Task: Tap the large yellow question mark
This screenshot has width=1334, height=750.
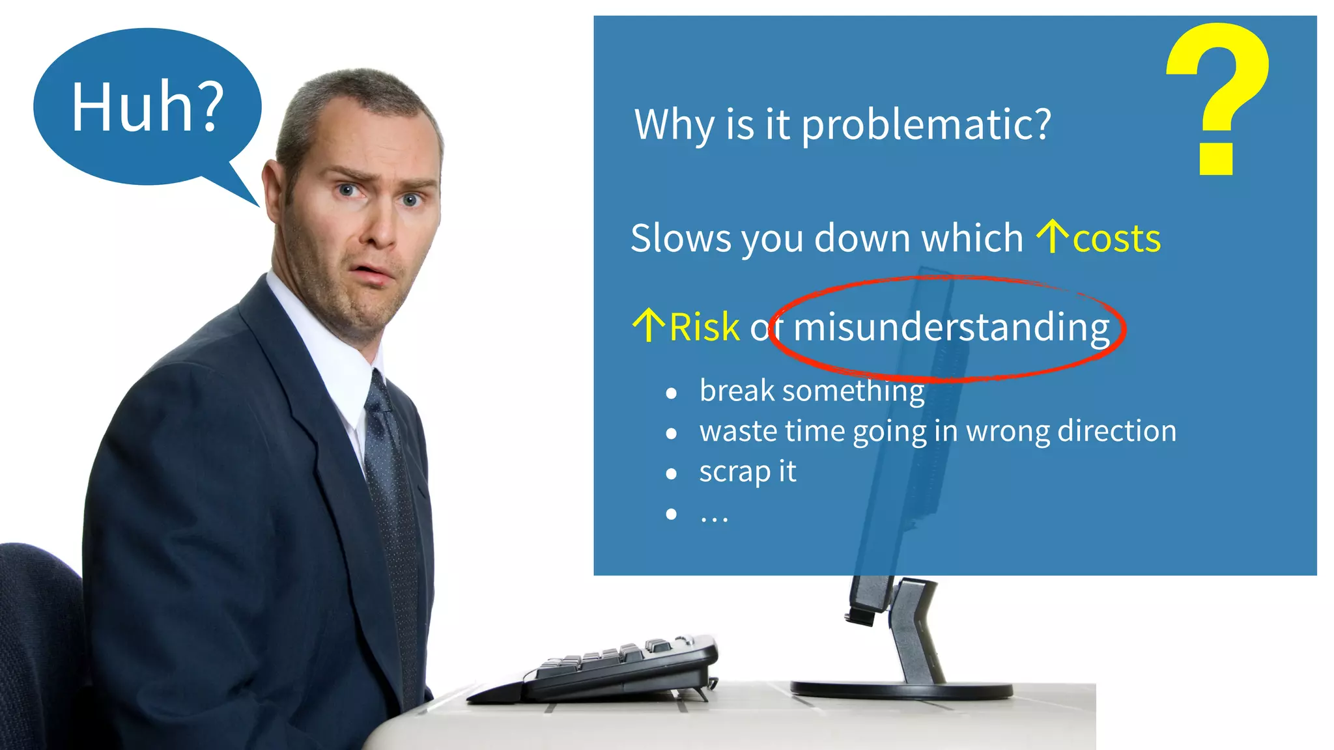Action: click(1217, 98)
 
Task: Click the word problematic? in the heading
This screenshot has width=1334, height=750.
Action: click(926, 124)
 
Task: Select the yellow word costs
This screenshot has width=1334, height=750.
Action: click(1116, 239)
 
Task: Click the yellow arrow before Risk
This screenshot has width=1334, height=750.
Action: click(648, 325)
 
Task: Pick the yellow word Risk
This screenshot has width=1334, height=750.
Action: click(705, 327)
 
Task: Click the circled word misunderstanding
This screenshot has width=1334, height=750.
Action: click(951, 327)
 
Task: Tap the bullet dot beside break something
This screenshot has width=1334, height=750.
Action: click(672, 393)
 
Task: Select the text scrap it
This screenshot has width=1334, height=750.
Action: click(747, 472)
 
